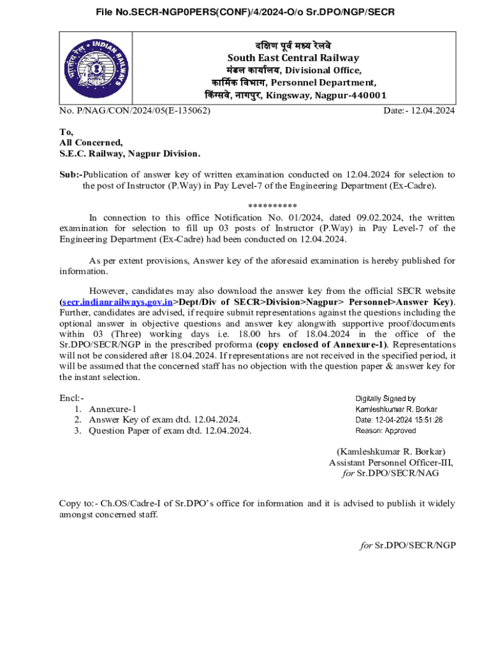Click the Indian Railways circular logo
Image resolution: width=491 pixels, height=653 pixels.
click(96, 68)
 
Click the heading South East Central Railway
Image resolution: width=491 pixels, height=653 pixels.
click(293, 58)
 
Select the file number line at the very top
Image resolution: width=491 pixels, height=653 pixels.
click(246, 12)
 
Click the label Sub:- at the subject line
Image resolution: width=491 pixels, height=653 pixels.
click(71, 174)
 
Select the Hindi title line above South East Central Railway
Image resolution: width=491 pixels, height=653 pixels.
click(293, 45)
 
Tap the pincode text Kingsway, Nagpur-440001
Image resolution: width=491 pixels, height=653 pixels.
click(335, 95)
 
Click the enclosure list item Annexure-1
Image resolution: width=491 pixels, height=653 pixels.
click(113, 409)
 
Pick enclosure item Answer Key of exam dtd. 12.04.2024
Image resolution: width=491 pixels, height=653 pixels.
click(165, 420)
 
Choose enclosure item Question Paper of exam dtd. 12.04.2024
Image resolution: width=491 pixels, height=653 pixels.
click(170, 430)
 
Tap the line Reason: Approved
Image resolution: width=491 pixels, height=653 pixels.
click(385, 431)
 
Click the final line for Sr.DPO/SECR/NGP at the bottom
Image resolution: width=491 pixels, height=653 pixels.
click(407, 545)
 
